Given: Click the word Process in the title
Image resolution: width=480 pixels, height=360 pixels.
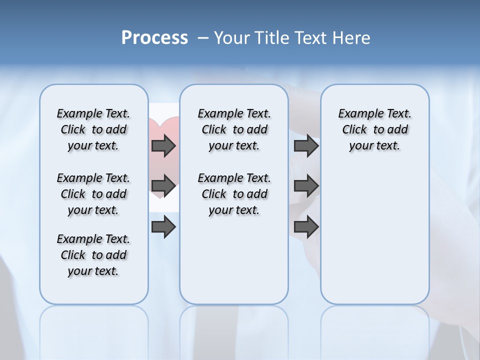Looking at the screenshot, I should (x=154, y=37).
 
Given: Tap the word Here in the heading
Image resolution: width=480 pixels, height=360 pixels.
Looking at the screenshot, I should (x=352, y=38).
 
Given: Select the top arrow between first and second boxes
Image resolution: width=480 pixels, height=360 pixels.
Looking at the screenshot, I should (x=163, y=145).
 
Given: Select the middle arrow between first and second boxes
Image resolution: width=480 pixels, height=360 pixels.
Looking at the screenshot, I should (x=163, y=186).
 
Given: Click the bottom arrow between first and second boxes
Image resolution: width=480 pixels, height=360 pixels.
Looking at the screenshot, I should (x=163, y=227).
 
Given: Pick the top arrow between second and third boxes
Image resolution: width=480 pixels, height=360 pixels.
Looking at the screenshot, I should (x=306, y=145).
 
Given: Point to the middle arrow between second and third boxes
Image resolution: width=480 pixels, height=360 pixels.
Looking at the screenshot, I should (x=306, y=186).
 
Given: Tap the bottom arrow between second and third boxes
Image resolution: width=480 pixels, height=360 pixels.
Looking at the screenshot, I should (x=306, y=227).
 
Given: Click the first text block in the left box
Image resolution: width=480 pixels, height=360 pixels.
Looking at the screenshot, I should (x=93, y=129).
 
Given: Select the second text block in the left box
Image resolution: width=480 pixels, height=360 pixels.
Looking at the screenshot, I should (x=93, y=194).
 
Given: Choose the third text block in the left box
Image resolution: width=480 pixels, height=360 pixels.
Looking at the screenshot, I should (x=93, y=255).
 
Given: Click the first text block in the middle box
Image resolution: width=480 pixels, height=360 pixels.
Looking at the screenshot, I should (x=234, y=129).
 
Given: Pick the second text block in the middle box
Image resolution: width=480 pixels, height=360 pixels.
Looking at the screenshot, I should (x=234, y=194).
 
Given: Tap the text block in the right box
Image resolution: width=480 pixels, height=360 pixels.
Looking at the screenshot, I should (x=374, y=129).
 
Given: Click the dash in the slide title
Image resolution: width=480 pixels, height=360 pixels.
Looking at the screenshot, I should (x=203, y=38).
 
